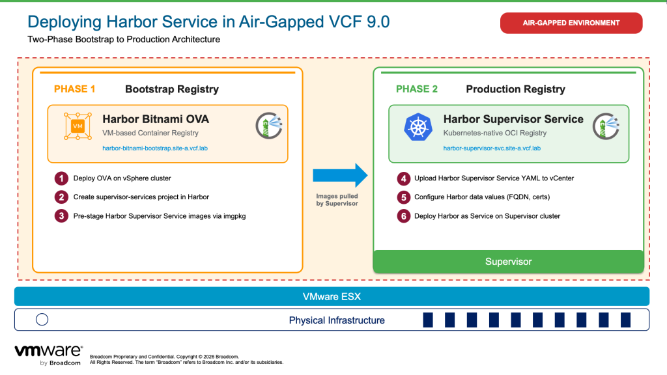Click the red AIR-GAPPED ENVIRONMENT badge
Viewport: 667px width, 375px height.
571,23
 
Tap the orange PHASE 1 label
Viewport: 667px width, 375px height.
74,89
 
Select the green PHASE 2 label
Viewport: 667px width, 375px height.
416,89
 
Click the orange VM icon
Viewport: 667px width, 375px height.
78,126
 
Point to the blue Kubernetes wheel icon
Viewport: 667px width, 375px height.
418,127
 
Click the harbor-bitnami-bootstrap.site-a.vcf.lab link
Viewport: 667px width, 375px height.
155,148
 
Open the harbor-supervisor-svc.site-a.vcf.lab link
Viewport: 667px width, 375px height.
492,148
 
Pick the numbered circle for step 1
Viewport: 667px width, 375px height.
61,178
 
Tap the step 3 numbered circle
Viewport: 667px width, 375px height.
61,216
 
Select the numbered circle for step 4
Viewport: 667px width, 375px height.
404,178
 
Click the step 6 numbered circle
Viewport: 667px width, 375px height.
404,216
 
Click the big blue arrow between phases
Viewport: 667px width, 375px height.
340,175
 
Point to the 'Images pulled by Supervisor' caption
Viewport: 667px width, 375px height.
337,200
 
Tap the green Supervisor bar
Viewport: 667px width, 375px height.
508,262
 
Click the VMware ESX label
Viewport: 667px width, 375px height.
332,297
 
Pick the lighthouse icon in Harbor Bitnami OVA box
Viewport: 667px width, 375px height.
269,126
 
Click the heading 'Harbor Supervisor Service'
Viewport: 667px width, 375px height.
513,119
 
